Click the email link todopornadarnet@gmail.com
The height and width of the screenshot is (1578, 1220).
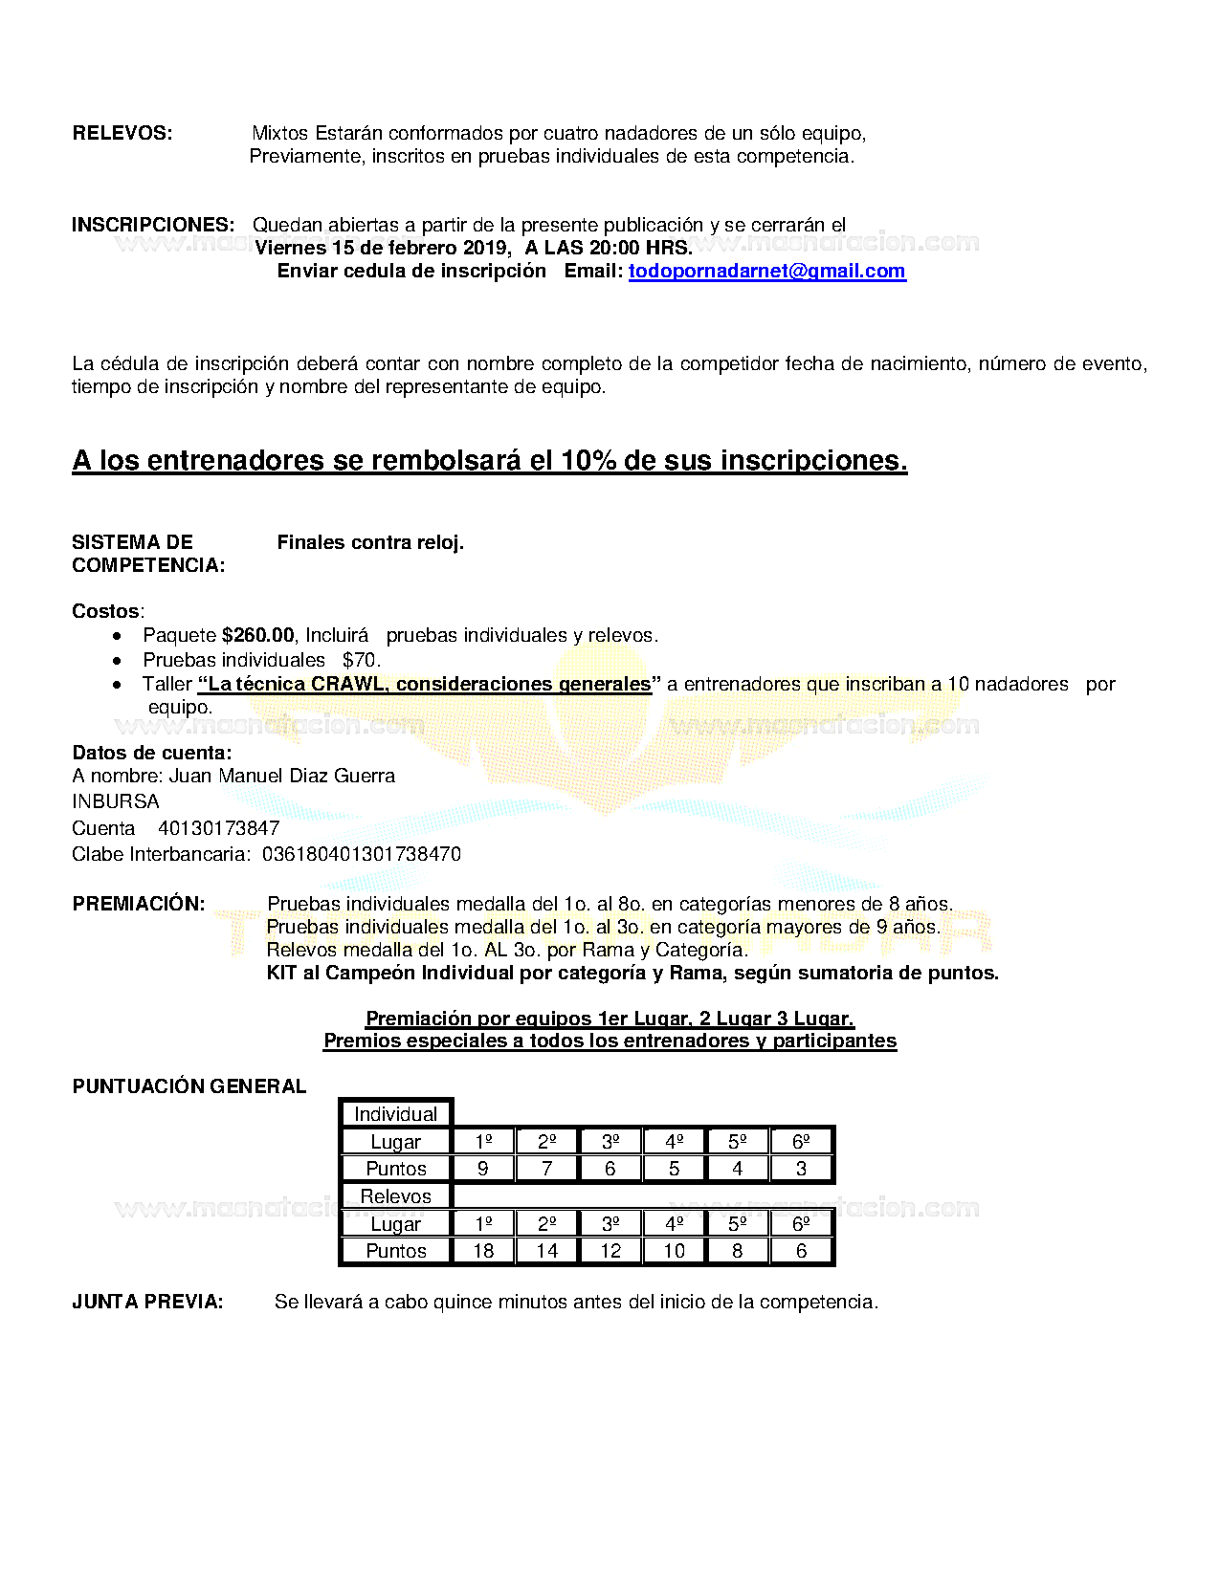(x=766, y=272)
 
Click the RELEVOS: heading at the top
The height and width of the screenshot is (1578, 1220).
(x=122, y=134)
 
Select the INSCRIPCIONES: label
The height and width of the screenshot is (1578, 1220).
(x=153, y=226)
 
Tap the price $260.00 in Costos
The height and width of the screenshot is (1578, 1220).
(x=258, y=636)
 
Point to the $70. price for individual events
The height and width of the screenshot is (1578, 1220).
(x=362, y=661)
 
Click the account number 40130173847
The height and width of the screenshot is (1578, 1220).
(x=219, y=829)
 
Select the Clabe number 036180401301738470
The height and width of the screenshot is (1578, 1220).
(x=362, y=855)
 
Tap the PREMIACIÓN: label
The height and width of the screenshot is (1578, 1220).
(x=139, y=905)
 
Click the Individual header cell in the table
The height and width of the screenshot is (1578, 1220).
(x=395, y=1114)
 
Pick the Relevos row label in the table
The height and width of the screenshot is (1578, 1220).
(x=395, y=1196)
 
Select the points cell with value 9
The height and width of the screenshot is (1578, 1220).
(x=483, y=1169)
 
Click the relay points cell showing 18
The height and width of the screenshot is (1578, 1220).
(x=483, y=1251)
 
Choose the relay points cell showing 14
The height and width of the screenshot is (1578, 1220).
(x=546, y=1251)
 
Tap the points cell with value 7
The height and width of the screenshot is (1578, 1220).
(x=546, y=1169)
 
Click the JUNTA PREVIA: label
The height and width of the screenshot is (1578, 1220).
(x=147, y=1303)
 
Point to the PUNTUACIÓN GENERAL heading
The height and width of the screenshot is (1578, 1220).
(x=189, y=1087)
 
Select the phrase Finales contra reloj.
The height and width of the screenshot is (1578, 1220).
(x=370, y=543)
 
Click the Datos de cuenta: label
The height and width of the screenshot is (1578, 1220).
(x=152, y=754)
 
